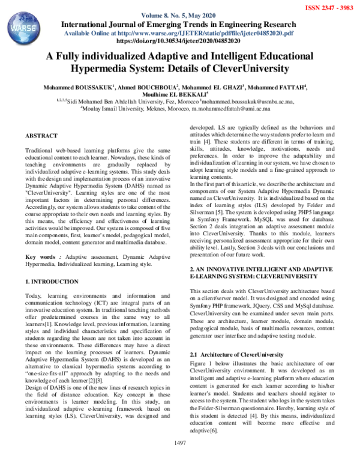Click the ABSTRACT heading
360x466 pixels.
coord(41,137)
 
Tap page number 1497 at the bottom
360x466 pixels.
coord(180,459)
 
